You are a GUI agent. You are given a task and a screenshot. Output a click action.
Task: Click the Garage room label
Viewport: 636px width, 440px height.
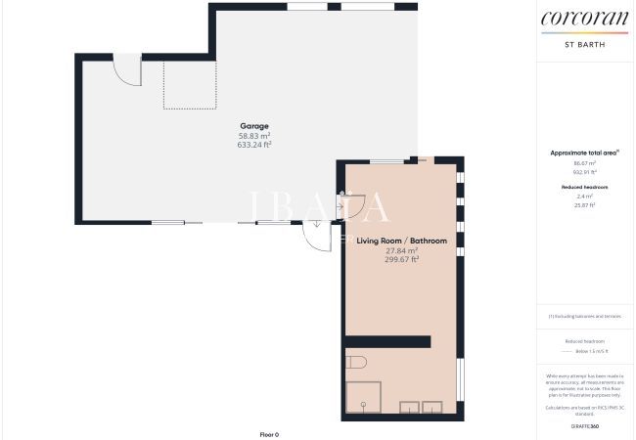tap(254, 126)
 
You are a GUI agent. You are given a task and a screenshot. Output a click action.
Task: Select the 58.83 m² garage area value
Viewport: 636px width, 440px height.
tap(254, 135)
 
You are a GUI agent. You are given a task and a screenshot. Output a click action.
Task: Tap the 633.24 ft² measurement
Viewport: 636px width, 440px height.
tap(254, 145)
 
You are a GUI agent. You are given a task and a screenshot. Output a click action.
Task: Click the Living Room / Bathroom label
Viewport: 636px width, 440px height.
tap(401, 241)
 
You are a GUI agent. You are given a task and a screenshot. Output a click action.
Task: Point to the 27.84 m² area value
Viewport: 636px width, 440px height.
tap(401, 250)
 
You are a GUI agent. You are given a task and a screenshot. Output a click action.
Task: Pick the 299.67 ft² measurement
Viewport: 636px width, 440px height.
tap(401, 259)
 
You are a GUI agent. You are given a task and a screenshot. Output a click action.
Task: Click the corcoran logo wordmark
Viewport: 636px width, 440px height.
tap(584, 17)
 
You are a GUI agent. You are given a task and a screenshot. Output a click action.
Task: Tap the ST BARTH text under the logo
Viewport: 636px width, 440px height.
tap(584, 44)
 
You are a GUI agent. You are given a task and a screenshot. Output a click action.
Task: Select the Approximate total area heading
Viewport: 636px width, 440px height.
tap(584, 154)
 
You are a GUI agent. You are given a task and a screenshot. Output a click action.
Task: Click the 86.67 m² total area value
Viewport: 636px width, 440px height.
tap(584, 163)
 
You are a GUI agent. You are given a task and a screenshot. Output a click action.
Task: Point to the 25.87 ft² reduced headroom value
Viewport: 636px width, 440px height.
tap(584, 205)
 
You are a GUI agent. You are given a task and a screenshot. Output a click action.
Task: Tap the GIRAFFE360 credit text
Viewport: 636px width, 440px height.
tap(584, 427)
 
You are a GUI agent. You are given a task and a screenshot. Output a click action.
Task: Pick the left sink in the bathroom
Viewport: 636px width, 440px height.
tap(408, 407)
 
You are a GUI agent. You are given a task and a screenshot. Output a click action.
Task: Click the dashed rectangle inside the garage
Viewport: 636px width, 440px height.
tap(188, 85)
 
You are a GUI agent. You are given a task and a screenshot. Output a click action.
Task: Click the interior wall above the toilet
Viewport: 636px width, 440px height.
tap(387, 340)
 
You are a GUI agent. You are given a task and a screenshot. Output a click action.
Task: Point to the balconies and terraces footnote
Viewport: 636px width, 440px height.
tap(584, 316)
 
